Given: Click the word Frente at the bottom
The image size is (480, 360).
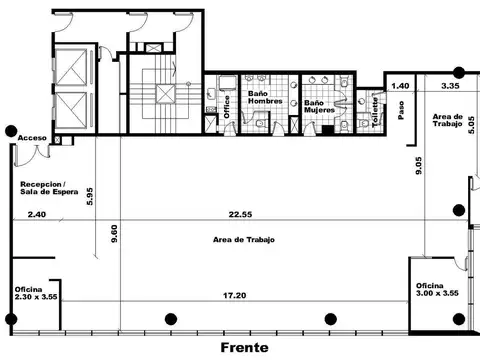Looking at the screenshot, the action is (244, 348).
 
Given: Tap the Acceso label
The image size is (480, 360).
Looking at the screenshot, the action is (32, 138).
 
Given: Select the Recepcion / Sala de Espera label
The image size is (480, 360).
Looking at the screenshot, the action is (49, 188).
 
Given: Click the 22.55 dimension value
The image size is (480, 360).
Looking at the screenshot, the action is (240, 214).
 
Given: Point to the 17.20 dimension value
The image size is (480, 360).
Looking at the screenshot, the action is (235, 295).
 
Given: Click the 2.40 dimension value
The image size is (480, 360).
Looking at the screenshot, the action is (37, 214).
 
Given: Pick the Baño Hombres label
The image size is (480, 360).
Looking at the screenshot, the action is (265, 97).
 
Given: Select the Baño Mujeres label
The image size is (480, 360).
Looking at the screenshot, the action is (319, 106).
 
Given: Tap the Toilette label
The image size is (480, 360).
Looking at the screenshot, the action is (375, 112).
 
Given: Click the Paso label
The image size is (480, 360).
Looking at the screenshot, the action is (401, 110).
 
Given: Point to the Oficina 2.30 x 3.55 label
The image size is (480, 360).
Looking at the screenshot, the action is (36, 293).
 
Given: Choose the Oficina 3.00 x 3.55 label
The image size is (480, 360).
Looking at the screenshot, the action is (437, 290).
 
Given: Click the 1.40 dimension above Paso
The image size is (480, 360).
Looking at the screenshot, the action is (400, 86).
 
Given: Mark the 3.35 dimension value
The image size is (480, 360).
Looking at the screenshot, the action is (450, 86).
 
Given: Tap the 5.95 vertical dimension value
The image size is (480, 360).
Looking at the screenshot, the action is (90, 196).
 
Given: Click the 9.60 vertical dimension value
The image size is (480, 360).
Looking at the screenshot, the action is (114, 234).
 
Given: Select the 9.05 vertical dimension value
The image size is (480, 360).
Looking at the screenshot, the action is (419, 165).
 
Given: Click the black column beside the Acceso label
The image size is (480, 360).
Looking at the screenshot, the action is (11, 131).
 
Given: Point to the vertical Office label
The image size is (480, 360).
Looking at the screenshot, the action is (227, 107).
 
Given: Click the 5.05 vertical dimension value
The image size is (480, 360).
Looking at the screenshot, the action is (471, 125).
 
